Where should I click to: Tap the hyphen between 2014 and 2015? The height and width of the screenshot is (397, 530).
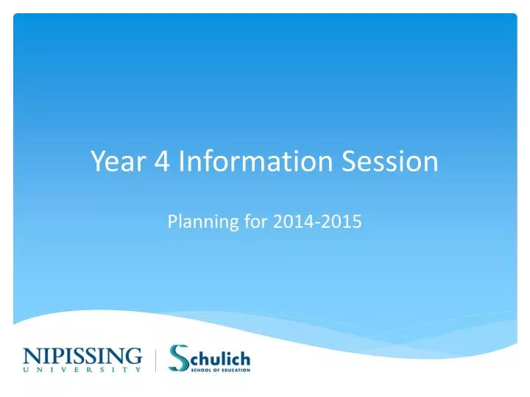coord(315,221)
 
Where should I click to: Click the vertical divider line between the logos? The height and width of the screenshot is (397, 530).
coord(156,360)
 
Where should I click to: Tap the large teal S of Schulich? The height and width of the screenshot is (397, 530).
coord(180,358)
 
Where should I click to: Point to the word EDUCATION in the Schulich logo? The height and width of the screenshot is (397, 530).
coord(233,369)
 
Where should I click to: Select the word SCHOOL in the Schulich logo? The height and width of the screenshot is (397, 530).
coord(199,369)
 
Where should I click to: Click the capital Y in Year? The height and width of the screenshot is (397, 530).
coord(99,162)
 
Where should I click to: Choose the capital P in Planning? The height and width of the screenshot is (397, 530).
coord(173,221)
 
